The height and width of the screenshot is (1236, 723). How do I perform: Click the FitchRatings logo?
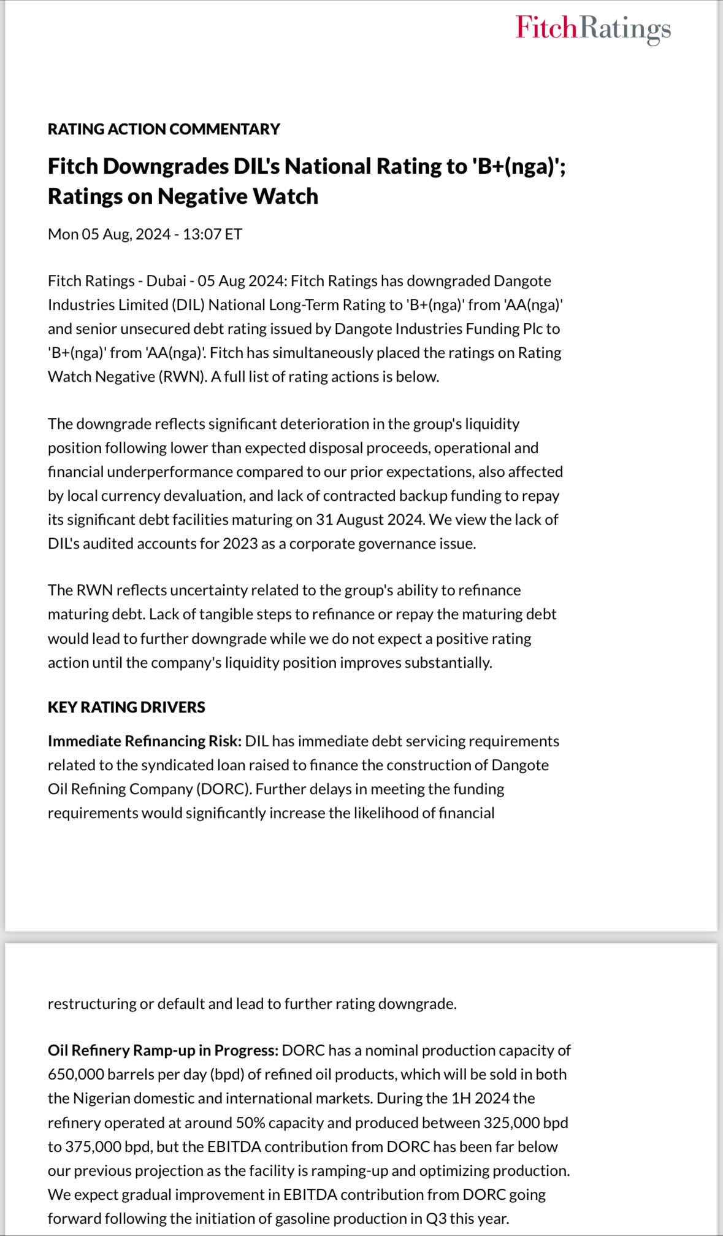pyautogui.click(x=593, y=28)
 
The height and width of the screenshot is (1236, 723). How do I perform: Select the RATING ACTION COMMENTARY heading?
pyautogui.click(x=164, y=129)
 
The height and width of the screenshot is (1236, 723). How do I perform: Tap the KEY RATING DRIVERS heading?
pyautogui.click(x=126, y=707)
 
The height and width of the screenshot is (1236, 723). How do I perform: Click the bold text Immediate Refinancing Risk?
pyautogui.click(x=144, y=741)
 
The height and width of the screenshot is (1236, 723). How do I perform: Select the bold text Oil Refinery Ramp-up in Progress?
pyautogui.click(x=163, y=1051)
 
